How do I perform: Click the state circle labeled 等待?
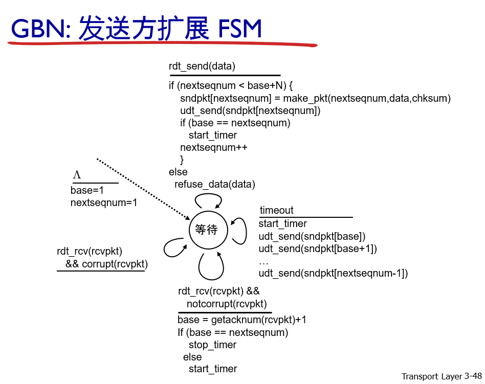pyautogui.click(x=206, y=230)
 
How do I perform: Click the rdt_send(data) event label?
pyautogui.click(x=202, y=66)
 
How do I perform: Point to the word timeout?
pyautogui.click(x=276, y=210)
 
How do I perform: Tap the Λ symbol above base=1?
pyautogui.click(x=77, y=175)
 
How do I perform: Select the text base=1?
pyautogui.click(x=87, y=190)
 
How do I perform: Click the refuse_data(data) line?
pyautogui.click(x=214, y=184)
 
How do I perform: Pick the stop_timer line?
pyautogui.click(x=212, y=345)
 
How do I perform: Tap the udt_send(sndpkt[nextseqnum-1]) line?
pyautogui.click(x=333, y=273)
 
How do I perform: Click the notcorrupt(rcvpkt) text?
pyautogui.click(x=227, y=304)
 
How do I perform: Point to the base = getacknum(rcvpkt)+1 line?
pyautogui.click(x=241, y=320)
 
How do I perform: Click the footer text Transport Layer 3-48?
pyautogui.click(x=442, y=376)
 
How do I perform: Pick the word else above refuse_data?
pyautogui.click(x=178, y=172)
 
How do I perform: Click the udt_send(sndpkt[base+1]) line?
pyautogui.click(x=317, y=249)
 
